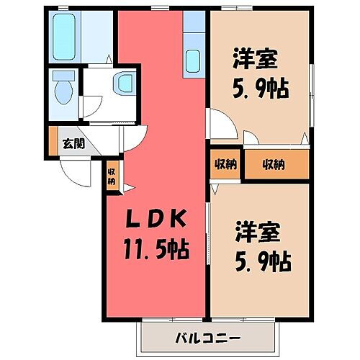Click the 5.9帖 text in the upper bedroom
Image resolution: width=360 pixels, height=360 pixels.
(x=261, y=89)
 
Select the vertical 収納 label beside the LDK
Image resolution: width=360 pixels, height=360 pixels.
(x=112, y=176)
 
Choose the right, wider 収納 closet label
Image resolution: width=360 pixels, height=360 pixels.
(x=273, y=164)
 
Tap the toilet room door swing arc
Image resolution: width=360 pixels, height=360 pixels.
(x=94, y=107)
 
